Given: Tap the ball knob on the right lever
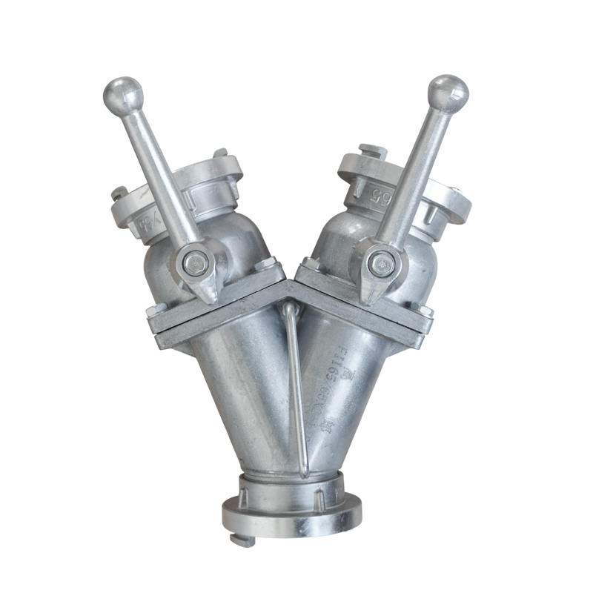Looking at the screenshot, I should pyautogui.click(x=448, y=93).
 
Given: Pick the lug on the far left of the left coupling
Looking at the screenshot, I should pyautogui.click(x=119, y=193).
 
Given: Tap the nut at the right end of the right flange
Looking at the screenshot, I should pyautogui.click(x=426, y=311).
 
